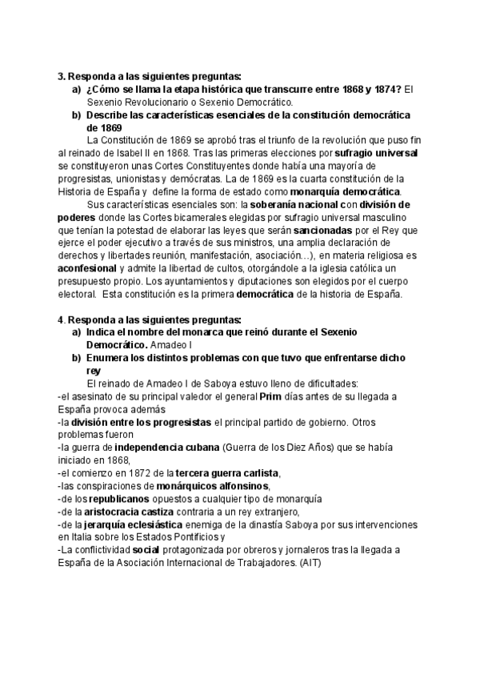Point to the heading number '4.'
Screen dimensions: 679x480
62,319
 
